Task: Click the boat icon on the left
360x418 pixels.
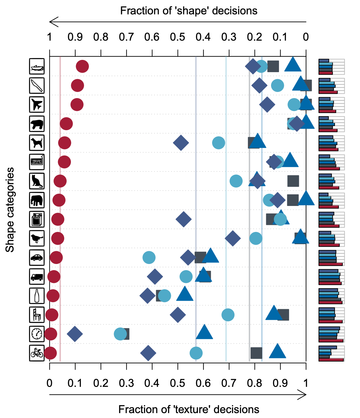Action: [x=37, y=66]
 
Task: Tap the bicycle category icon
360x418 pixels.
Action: [x=37, y=353]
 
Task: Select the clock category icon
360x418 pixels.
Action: [x=37, y=334]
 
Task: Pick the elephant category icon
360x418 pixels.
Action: [x=37, y=200]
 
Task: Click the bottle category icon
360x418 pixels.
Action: [x=37, y=295]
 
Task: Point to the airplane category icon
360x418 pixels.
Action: [x=37, y=105]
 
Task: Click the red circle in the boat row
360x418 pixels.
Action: [x=82, y=66]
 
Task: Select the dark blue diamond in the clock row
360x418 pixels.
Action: [x=75, y=334]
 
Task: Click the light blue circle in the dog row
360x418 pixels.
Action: [x=219, y=142]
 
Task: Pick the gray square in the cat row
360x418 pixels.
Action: [x=293, y=181]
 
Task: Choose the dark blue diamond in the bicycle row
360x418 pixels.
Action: [x=148, y=353]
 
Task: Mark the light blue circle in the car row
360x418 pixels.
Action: [x=149, y=257]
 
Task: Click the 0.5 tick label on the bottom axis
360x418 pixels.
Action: [x=178, y=383]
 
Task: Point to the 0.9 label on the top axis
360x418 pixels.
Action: [x=75, y=37]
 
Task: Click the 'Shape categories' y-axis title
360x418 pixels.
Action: [x=10, y=210]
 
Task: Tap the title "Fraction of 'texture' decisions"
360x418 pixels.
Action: [x=189, y=409]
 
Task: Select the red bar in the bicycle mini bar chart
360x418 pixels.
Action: [x=331, y=360]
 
